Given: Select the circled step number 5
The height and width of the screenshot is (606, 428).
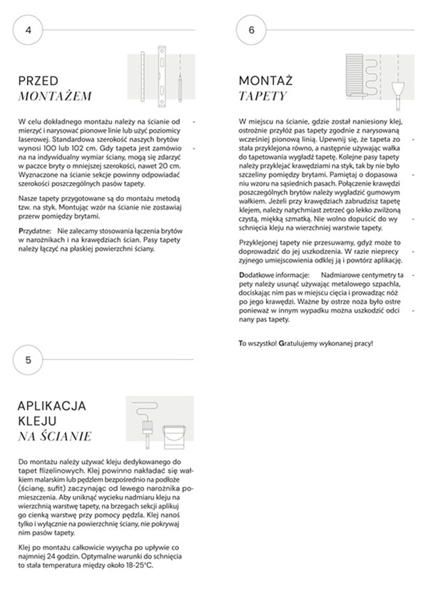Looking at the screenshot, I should click(x=28, y=360).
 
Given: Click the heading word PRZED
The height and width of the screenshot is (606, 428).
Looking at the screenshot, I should click(x=38, y=81).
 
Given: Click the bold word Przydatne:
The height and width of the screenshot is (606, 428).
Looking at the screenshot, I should click(x=36, y=233).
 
